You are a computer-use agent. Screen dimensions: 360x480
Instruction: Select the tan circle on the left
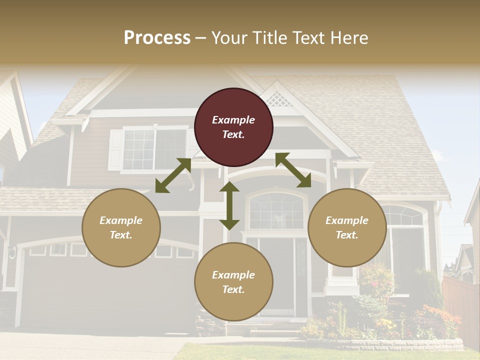point(121,227)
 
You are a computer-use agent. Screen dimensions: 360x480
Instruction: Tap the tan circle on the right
point(347,227)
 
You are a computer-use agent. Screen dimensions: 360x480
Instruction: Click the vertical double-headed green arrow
point(229,205)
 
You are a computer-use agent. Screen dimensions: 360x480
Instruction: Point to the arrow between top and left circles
point(173,175)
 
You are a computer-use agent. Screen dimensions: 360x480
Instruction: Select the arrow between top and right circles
point(293,170)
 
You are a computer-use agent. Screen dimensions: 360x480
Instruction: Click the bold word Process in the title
point(157,37)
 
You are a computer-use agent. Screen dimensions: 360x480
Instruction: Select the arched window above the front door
point(276,210)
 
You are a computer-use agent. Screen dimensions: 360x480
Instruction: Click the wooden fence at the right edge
point(460,305)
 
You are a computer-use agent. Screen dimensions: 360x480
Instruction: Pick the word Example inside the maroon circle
point(233,120)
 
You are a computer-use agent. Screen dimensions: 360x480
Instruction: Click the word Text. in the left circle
point(121,235)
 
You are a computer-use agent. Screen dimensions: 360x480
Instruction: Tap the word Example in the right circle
point(347,220)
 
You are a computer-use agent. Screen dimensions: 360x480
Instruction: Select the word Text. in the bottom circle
point(233,289)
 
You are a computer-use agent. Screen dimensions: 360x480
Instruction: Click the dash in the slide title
point(201,38)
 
